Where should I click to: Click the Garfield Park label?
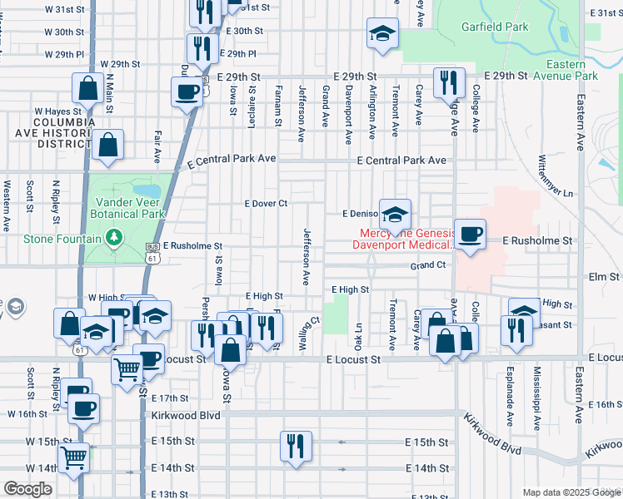(495, 27)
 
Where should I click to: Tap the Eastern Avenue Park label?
(571, 70)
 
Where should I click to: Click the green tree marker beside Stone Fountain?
(116, 240)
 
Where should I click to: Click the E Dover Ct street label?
(266, 203)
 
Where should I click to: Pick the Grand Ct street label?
(428, 265)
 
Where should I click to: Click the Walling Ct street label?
(310, 333)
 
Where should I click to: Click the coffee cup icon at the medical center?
(470, 234)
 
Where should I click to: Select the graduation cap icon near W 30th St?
(382, 33)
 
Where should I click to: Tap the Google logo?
(27, 489)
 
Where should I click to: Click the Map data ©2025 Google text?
(571, 492)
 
